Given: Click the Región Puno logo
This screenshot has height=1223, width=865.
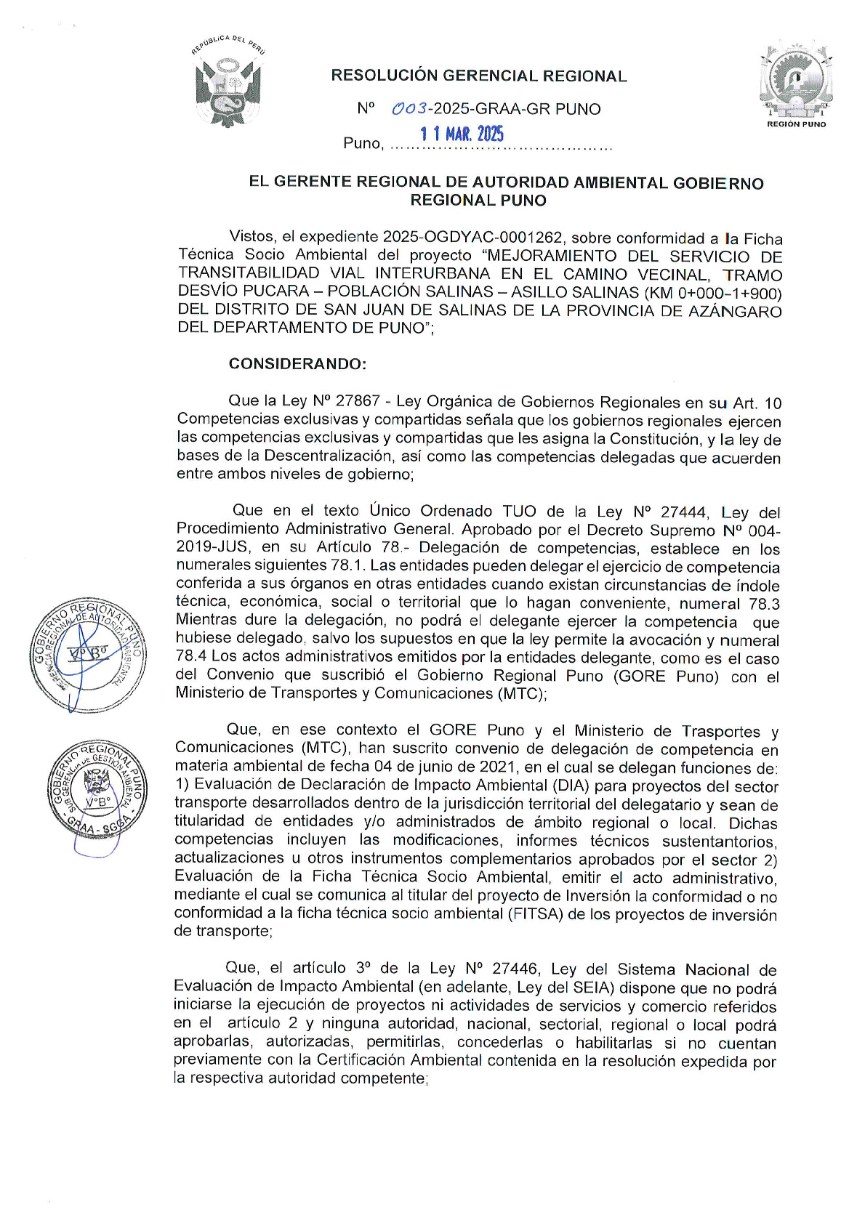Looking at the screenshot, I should click(x=796, y=83).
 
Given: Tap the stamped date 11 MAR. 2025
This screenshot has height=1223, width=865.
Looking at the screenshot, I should click(x=462, y=134).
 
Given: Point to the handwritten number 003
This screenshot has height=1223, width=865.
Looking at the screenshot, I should click(x=410, y=109).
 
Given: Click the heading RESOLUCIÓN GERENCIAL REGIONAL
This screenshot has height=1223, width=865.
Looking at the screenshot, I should click(x=478, y=76).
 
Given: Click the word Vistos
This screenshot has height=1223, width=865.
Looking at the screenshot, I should click(x=252, y=237).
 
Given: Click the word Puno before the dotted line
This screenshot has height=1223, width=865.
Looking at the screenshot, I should click(x=362, y=143).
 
